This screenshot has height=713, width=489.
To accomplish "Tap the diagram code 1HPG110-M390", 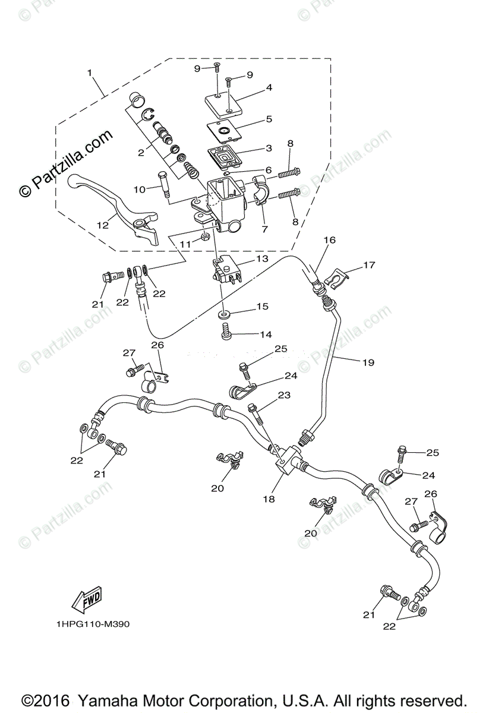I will [x=93, y=624].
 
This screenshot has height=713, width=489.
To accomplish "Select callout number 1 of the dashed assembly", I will [x=90, y=73].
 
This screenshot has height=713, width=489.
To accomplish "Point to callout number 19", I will [x=368, y=362].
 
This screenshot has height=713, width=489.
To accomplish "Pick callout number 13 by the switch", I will [x=262, y=259].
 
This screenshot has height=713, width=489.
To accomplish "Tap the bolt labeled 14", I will [x=226, y=332].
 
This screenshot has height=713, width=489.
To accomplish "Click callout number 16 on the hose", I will [x=329, y=240].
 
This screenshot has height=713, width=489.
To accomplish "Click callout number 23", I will [x=284, y=395].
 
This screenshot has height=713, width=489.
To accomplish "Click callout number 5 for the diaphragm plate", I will [x=269, y=119].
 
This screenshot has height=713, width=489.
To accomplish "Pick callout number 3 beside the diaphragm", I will [x=269, y=148].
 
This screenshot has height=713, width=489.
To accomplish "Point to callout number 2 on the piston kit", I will [x=141, y=152].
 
